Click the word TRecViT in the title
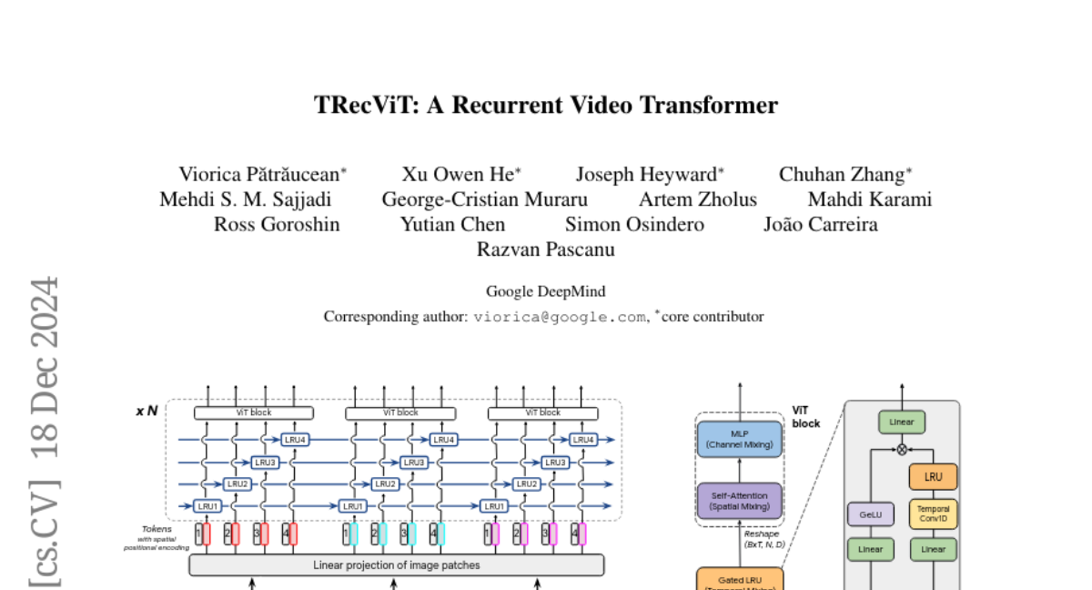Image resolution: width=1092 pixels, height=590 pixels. coord(356,106)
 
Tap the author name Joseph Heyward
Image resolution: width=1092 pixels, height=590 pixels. coord(647,175)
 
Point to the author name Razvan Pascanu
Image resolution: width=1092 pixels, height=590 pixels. coord(546,249)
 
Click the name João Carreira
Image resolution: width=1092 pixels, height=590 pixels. coord(820,224)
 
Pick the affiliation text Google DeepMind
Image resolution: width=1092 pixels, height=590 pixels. coord(545,291)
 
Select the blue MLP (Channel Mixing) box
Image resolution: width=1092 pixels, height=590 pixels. coord(739,439)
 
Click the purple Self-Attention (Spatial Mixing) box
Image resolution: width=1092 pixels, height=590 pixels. coord(739,501)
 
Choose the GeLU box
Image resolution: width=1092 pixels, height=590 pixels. coord(870,514)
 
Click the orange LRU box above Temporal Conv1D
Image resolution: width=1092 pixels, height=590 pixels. coord(933,476)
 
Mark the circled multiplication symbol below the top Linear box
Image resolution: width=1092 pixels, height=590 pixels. coord(902,449)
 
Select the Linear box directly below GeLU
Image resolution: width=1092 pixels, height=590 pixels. coord(870,549)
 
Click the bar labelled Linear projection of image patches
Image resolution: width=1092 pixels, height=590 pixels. coord(396,565)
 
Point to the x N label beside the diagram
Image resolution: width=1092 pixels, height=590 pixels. coord(147,412)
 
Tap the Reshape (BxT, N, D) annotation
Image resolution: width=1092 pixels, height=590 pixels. coord(764,539)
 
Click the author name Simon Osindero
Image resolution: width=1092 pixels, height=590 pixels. coord(634,224)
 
